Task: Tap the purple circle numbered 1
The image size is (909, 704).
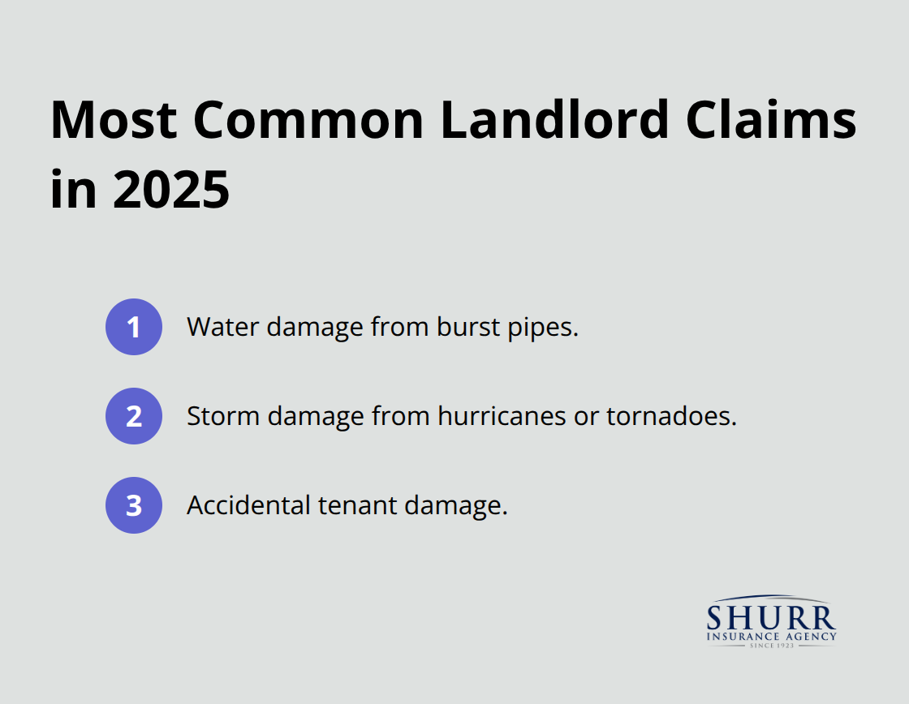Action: tap(134, 327)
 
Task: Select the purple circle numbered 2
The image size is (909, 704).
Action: tap(134, 416)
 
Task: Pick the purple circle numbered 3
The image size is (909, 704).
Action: tap(134, 505)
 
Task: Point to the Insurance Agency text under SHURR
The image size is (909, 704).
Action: tap(771, 637)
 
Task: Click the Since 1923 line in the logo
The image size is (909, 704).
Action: tap(771, 646)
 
